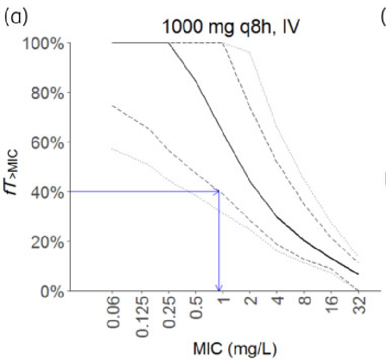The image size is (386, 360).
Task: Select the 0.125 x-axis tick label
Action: pos(140,315)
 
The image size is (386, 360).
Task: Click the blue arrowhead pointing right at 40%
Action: pos(216,192)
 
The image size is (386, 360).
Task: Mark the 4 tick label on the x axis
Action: pos(277,302)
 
